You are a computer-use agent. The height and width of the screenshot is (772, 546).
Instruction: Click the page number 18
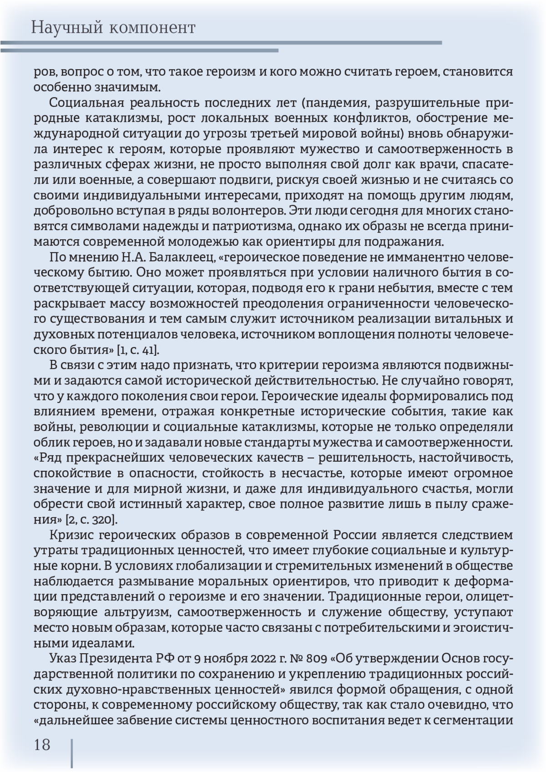coord(42,745)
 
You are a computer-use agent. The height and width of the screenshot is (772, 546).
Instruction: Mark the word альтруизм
coord(132,612)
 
